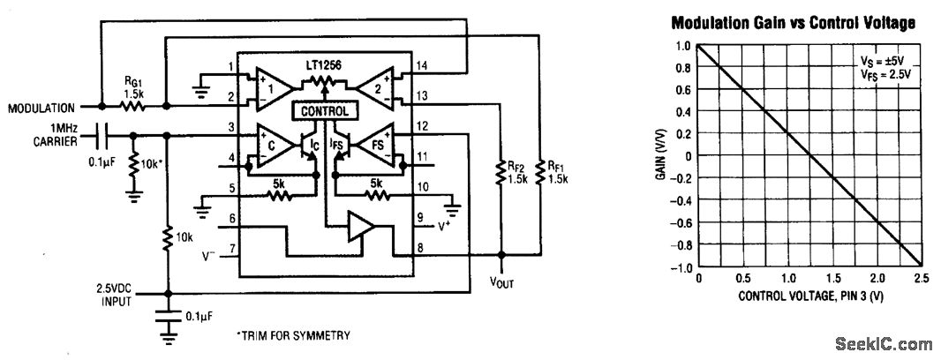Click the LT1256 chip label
pos(325,66)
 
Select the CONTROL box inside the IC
pos(325,112)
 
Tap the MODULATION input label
pos(41,109)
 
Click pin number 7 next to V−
pos(232,250)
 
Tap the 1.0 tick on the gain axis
pos(682,46)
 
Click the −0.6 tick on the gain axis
pos(680,222)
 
